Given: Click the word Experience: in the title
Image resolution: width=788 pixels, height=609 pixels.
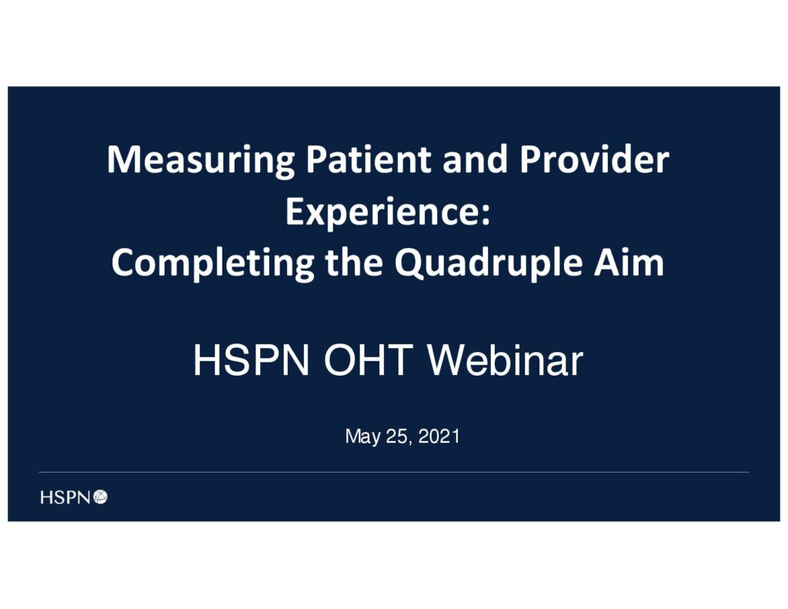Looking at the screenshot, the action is pos(388,213).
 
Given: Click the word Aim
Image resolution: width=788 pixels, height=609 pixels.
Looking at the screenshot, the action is pos(629,262).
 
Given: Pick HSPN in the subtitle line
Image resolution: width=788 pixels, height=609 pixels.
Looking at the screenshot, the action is pos(252,360).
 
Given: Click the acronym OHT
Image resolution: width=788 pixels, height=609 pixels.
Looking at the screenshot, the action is pos(369,360).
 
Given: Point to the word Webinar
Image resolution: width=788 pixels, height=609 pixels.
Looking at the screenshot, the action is pos(505,360).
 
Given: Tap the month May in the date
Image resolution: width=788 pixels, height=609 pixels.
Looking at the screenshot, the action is pos(363,437).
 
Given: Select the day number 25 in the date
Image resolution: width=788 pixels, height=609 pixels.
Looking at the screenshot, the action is pos(396,436).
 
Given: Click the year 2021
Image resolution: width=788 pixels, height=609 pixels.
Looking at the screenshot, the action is pos(439,436).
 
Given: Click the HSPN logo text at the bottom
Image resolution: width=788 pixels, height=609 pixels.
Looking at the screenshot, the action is pos(65,497).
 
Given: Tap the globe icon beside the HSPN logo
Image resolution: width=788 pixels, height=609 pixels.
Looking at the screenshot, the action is pos(101,497).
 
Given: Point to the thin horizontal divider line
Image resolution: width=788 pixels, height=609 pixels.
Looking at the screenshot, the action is pos(394,472).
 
